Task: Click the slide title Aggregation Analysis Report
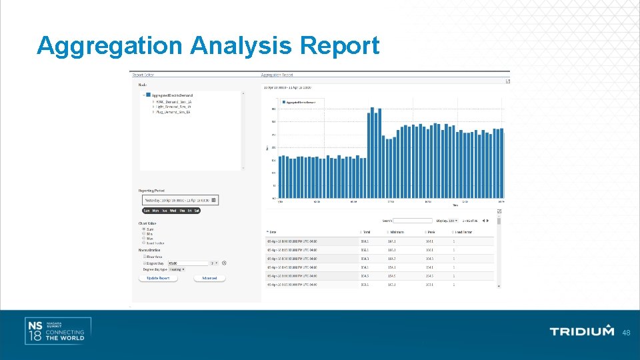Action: [208, 46]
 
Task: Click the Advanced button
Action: [209, 278]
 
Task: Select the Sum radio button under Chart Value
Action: [143, 229]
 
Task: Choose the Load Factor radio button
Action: [143, 243]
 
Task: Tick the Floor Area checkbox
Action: [145, 257]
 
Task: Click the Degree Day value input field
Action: [189, 263]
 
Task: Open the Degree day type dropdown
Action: [173, 269]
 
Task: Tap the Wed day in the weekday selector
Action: [173, 211]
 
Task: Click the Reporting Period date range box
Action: [179, 200]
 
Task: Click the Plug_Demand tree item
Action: [173, 112]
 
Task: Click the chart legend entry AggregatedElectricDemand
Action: [302, 102]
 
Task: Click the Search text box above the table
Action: [413, 220]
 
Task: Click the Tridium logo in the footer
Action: [581, 331]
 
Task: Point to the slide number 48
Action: [626, 332]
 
